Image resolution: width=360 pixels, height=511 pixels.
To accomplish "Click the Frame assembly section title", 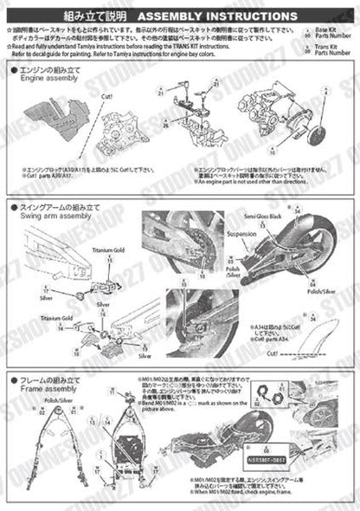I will coord(49,389).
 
